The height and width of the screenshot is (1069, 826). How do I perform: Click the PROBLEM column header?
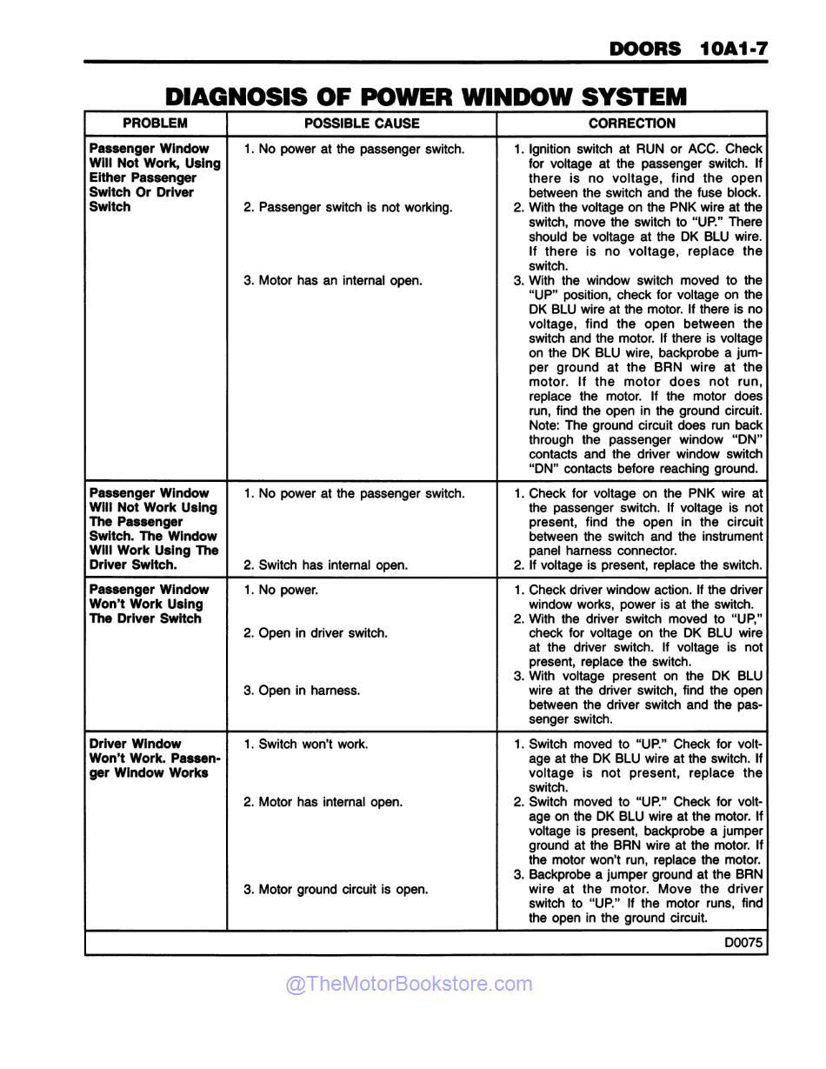pyautogui.click(x=155, y=124)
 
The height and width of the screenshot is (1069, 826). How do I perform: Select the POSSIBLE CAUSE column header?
pyautogui.click(x=362, y=124)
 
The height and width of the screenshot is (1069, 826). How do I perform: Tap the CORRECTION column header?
pyautogui.click(x=631, y=124)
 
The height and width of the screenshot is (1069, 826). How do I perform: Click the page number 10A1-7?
pyautogui.click(x=733, y=49)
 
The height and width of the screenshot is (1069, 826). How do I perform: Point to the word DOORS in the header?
pyautogui.click(x=645, y=49)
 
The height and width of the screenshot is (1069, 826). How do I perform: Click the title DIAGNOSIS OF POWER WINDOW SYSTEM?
pyautogui.click(x=425, y=97)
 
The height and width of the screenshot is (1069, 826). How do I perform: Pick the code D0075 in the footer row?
pyautogui.click(x=743, y=942)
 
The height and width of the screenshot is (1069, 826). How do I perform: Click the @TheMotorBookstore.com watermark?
pyautogui.click(x=409, y=984)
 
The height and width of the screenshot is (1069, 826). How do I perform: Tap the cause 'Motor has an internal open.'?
pyautogui.click(x=332, y=281)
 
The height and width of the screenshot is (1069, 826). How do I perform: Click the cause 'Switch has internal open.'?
pyautogui.click(x=325, y=565)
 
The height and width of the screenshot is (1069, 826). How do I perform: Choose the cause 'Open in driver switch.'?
pyautogui.click(x=315, y=633)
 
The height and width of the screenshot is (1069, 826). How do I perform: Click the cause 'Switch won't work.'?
pyautogui.click(x=305, y=745)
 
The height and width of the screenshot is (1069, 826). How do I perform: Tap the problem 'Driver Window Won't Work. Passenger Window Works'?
pyautogui.click(x=155, y=758)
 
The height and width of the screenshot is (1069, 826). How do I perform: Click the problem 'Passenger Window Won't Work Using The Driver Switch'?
pyautogui.click(x=149, y=605)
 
